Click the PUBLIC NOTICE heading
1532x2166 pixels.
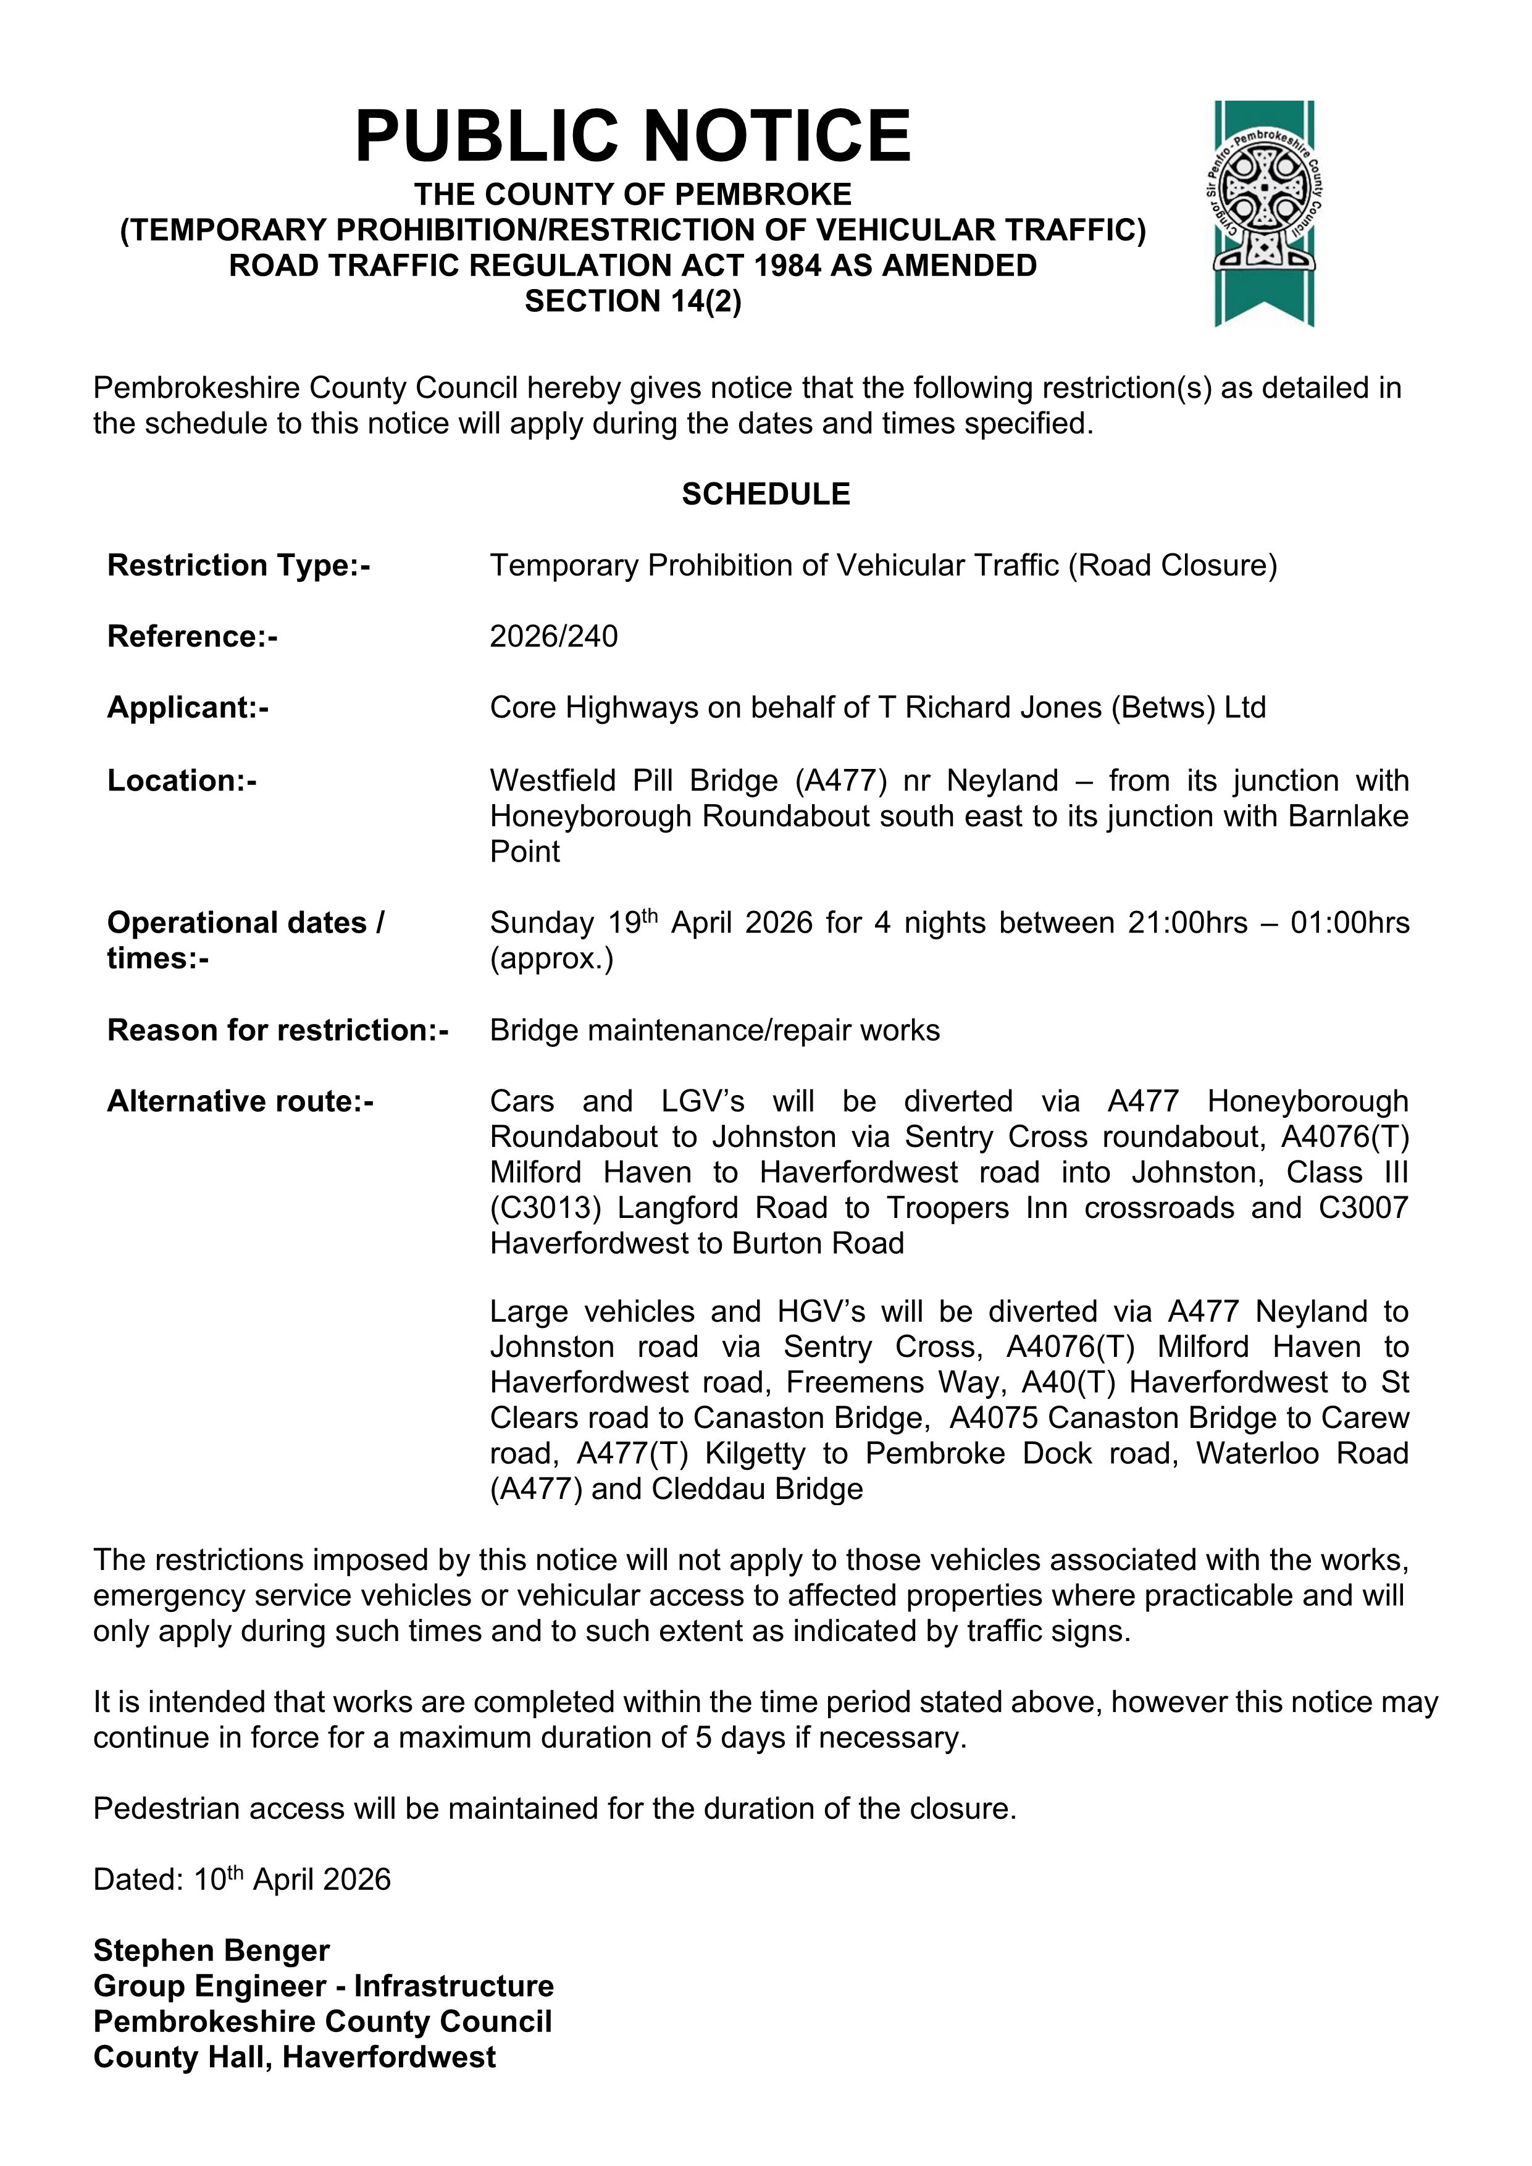(632, 136)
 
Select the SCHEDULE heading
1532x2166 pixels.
(765, 494)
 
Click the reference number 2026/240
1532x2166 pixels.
(554, 637)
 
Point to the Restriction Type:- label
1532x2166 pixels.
(239, 565)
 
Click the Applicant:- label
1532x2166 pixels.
(188, 708)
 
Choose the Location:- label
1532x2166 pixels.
(182, 781)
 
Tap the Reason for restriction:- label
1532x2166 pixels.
(277, 1030)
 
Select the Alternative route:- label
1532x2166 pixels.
(241, 1102)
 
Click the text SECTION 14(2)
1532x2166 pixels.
(633, 301)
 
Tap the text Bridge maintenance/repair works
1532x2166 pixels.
(714, 1030)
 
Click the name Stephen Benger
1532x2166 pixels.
(211, 1951)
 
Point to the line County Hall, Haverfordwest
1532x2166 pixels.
(295, 2057)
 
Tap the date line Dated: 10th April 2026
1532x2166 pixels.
(241, 1880)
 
